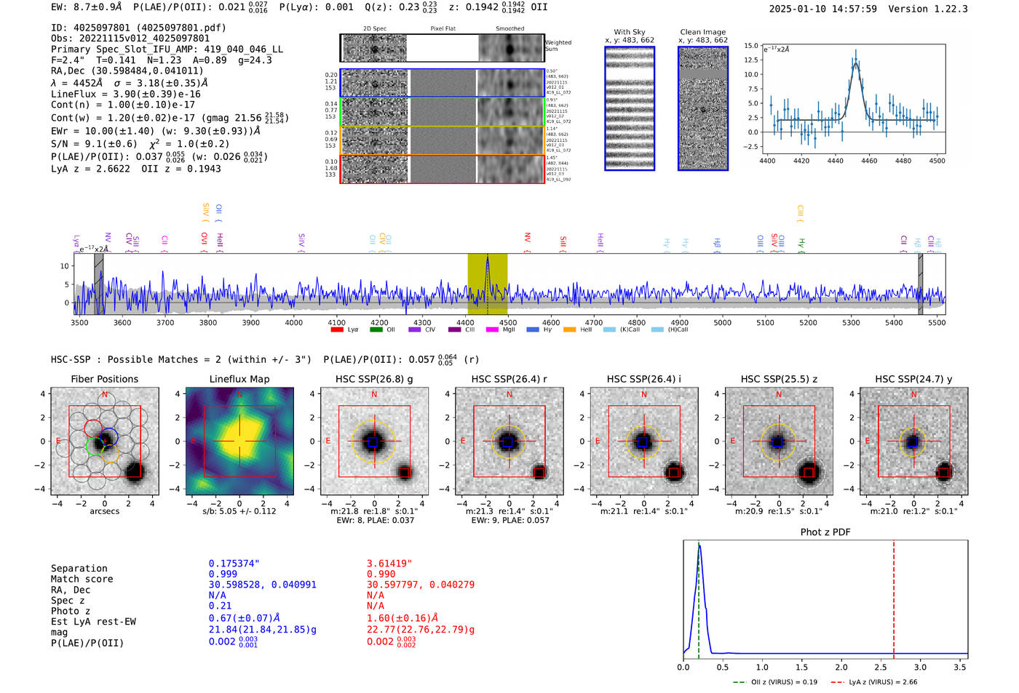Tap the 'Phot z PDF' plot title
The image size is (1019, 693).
click(x=825, y=532)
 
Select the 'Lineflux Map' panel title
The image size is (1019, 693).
click(x=239, y=379)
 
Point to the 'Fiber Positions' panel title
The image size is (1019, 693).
click(x=104, y=379)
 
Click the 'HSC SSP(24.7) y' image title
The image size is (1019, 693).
click(x=913, y=379)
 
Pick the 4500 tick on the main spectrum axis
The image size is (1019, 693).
click(x=508, y=323)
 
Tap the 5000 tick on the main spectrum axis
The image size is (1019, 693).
click(x=722, y=323)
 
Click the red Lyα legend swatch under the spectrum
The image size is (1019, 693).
click(x=337, y=330)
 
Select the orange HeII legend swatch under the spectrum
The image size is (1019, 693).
click(x=569, y=330)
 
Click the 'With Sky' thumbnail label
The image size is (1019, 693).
click(x=629, y=32)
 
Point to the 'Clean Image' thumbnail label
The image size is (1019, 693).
click(x=702, y=32)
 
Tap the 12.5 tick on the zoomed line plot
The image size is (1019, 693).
click(x=751, y=60)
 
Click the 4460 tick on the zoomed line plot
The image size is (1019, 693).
click(x=869, y=161)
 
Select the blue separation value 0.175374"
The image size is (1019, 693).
click(x=234, y=564)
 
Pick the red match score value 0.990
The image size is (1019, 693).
click(x=381, y=574)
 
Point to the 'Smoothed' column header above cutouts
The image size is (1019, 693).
click(x=509, y=29)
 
